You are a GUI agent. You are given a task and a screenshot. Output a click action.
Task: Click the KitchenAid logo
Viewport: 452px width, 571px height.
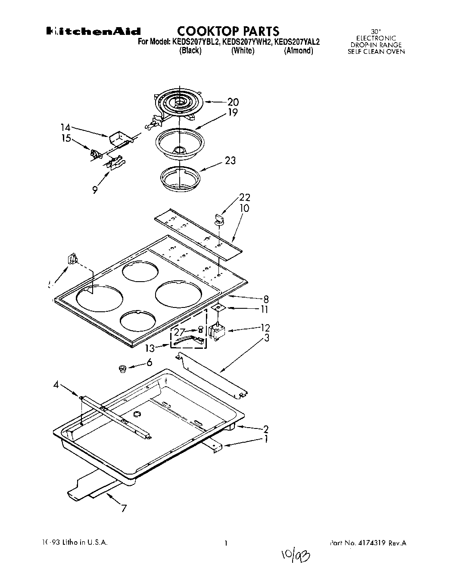coord(94,31)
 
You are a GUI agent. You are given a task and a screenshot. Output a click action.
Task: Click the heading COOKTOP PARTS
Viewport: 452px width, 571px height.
coord(228,31)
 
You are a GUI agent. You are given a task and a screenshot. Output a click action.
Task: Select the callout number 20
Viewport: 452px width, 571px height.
coord(233,102)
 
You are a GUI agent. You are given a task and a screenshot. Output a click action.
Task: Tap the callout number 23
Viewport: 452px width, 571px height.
coord(231,161)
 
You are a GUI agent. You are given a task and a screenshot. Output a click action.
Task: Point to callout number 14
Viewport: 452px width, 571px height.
coord(65,127)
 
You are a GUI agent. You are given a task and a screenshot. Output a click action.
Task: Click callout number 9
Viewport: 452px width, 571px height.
coord(94,189)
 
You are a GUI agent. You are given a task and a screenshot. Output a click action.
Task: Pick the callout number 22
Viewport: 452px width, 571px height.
coord(245,198)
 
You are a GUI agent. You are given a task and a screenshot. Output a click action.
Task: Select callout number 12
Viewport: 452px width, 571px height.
coord(265,328)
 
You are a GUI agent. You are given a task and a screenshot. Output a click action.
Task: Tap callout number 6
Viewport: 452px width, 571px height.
coord(149,363)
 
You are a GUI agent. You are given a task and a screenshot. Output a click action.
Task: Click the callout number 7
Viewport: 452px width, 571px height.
coord(124,509)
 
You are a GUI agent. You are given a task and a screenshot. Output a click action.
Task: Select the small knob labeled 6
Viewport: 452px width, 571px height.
coord(122,368)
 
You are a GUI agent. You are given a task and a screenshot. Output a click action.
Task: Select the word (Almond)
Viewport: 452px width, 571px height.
coord(298,51)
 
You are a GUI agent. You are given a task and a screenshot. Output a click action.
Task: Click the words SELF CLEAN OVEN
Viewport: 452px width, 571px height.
coord(376,51)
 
